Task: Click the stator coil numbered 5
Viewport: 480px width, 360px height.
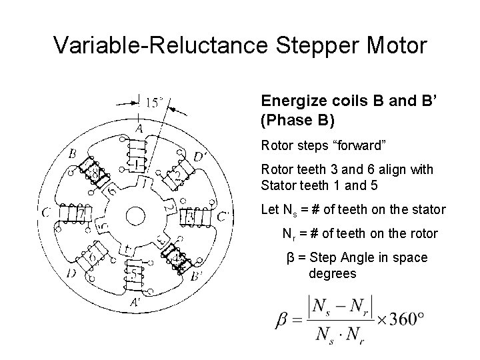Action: click(x=137, y=273)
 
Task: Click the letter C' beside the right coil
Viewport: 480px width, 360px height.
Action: click(x=221, y=215)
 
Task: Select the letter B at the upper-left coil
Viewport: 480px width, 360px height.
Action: click(x=72, y=154)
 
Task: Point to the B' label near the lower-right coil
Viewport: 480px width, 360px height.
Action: click(x=199, y=273)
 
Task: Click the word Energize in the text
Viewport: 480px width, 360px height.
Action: click(x=287, y=102)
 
